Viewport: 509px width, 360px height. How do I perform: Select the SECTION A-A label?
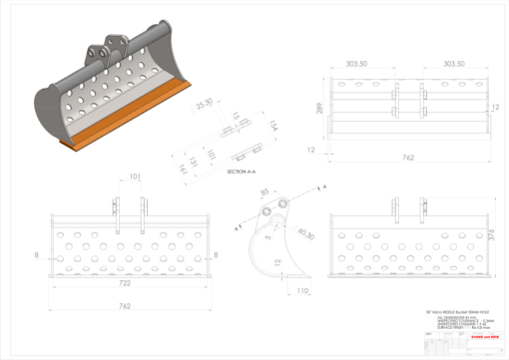243,171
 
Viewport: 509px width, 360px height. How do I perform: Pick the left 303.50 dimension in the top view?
356,63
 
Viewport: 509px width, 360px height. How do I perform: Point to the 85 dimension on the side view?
264,192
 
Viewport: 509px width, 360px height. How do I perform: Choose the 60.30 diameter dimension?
305,234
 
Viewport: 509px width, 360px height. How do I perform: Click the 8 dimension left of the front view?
38,254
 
